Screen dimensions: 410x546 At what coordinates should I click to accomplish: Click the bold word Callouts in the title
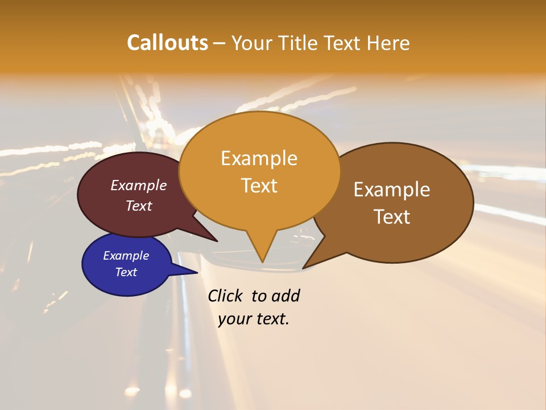(167, 43)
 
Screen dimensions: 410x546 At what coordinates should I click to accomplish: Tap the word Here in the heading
(388, 43)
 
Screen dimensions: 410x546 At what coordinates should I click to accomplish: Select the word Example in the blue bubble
(126, 256)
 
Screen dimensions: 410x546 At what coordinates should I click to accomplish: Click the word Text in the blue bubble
(126, 272)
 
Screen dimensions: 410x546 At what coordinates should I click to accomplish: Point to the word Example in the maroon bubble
(139, 185)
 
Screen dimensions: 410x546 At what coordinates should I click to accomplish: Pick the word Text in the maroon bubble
(139, 206)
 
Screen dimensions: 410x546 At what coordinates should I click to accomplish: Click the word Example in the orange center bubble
(259, 158)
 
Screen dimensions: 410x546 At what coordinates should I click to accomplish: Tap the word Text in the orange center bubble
(259, 186)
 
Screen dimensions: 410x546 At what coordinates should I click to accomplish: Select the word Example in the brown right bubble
(392, 190)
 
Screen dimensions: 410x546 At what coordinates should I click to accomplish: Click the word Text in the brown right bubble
(392, 217)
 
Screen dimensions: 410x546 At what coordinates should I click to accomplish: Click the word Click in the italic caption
(225, 296)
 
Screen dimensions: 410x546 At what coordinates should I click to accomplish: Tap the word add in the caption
(286, 296)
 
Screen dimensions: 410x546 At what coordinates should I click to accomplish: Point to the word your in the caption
(234, 319)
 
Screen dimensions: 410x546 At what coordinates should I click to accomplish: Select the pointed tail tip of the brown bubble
(303, 268)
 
